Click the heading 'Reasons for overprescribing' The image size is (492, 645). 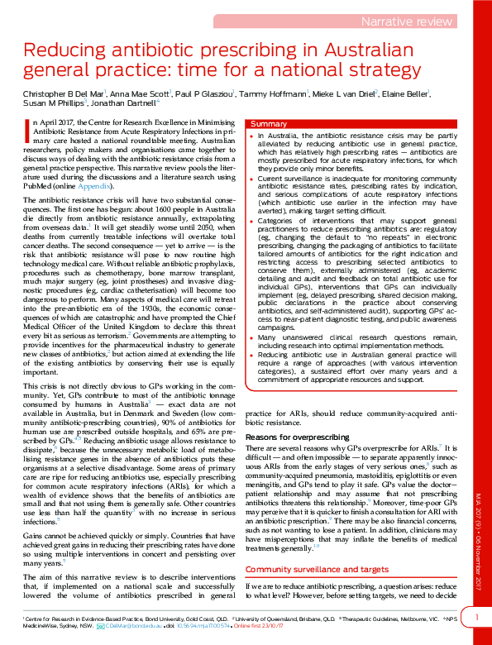pyautogui.click(x=297, y=436)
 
